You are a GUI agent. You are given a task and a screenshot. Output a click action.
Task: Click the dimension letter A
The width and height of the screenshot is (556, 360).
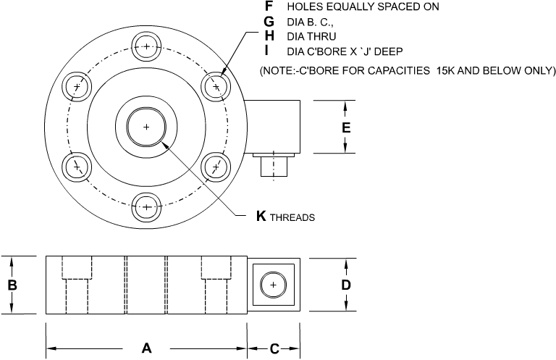pos(146,348)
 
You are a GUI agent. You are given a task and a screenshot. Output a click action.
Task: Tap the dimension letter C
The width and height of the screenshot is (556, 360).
pos(274,348)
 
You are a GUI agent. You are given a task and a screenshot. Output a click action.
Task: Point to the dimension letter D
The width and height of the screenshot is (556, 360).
pos(346,285)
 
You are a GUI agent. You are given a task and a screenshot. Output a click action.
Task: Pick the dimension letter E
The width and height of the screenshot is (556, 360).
pos(346,127)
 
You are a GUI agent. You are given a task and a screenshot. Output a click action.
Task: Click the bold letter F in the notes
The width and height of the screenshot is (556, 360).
pos(269,6)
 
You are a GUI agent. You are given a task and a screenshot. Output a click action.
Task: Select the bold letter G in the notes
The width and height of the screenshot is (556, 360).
pos(269,21)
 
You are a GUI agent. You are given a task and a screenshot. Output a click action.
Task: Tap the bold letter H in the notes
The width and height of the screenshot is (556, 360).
pos(269,35)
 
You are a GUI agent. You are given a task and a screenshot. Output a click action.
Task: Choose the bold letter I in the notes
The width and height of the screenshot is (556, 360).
pos(268,50)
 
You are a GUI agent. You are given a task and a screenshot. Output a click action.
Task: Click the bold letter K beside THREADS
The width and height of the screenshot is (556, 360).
pos(261,216)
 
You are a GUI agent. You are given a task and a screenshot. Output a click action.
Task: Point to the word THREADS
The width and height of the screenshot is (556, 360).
pos(292,217)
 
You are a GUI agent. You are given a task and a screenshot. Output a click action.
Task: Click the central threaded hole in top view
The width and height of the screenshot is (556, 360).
pos(147,127)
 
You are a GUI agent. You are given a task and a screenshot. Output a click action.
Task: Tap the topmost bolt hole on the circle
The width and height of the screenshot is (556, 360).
pos(147,48)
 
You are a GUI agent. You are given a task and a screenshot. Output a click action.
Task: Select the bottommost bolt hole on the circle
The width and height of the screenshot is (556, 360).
pos(147,206)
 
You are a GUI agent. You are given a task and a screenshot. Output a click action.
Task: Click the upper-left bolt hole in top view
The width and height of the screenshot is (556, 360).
pos(78,87)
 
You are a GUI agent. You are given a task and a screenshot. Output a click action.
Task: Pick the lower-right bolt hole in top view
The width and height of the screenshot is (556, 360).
pos(216,167)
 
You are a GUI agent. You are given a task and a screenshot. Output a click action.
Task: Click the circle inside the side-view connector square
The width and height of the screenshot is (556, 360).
pos(273,285)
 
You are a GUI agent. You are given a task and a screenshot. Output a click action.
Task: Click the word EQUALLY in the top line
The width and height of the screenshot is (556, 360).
pos(340,7)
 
